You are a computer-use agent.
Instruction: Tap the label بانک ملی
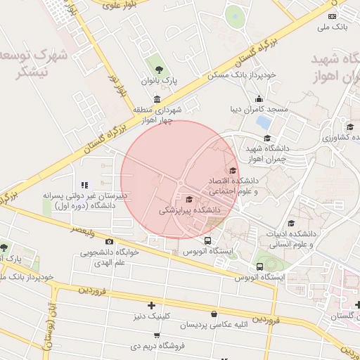tap(333, 28)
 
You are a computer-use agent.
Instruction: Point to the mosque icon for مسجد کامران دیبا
tap(259, 98)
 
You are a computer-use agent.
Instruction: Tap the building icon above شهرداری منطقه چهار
tap(156, 99)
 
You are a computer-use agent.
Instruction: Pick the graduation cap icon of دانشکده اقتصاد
tap(232, 170)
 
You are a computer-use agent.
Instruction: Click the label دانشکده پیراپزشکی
tap(190, 210)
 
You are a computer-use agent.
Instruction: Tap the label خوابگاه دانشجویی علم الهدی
tap(110, 257)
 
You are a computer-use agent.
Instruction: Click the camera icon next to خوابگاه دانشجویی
tap(109, 243)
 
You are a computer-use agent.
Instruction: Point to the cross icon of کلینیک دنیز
tap(151, 305)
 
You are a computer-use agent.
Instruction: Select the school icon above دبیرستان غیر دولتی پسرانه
tap(85, 185)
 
